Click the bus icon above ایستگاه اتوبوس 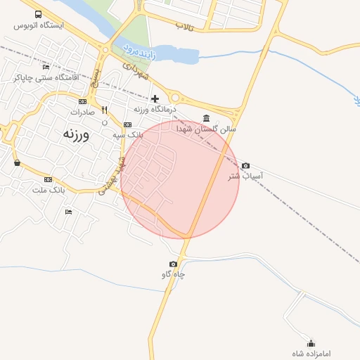point(37,14)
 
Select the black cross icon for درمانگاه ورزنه point(155,98)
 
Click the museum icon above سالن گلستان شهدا point(205,117)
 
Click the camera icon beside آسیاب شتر point(245,166)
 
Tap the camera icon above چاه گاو point(174,264)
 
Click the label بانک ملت point(49,190)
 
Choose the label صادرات point(82,112)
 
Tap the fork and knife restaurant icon point(105,110)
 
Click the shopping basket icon point(17,163)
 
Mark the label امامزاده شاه point(311,352)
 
